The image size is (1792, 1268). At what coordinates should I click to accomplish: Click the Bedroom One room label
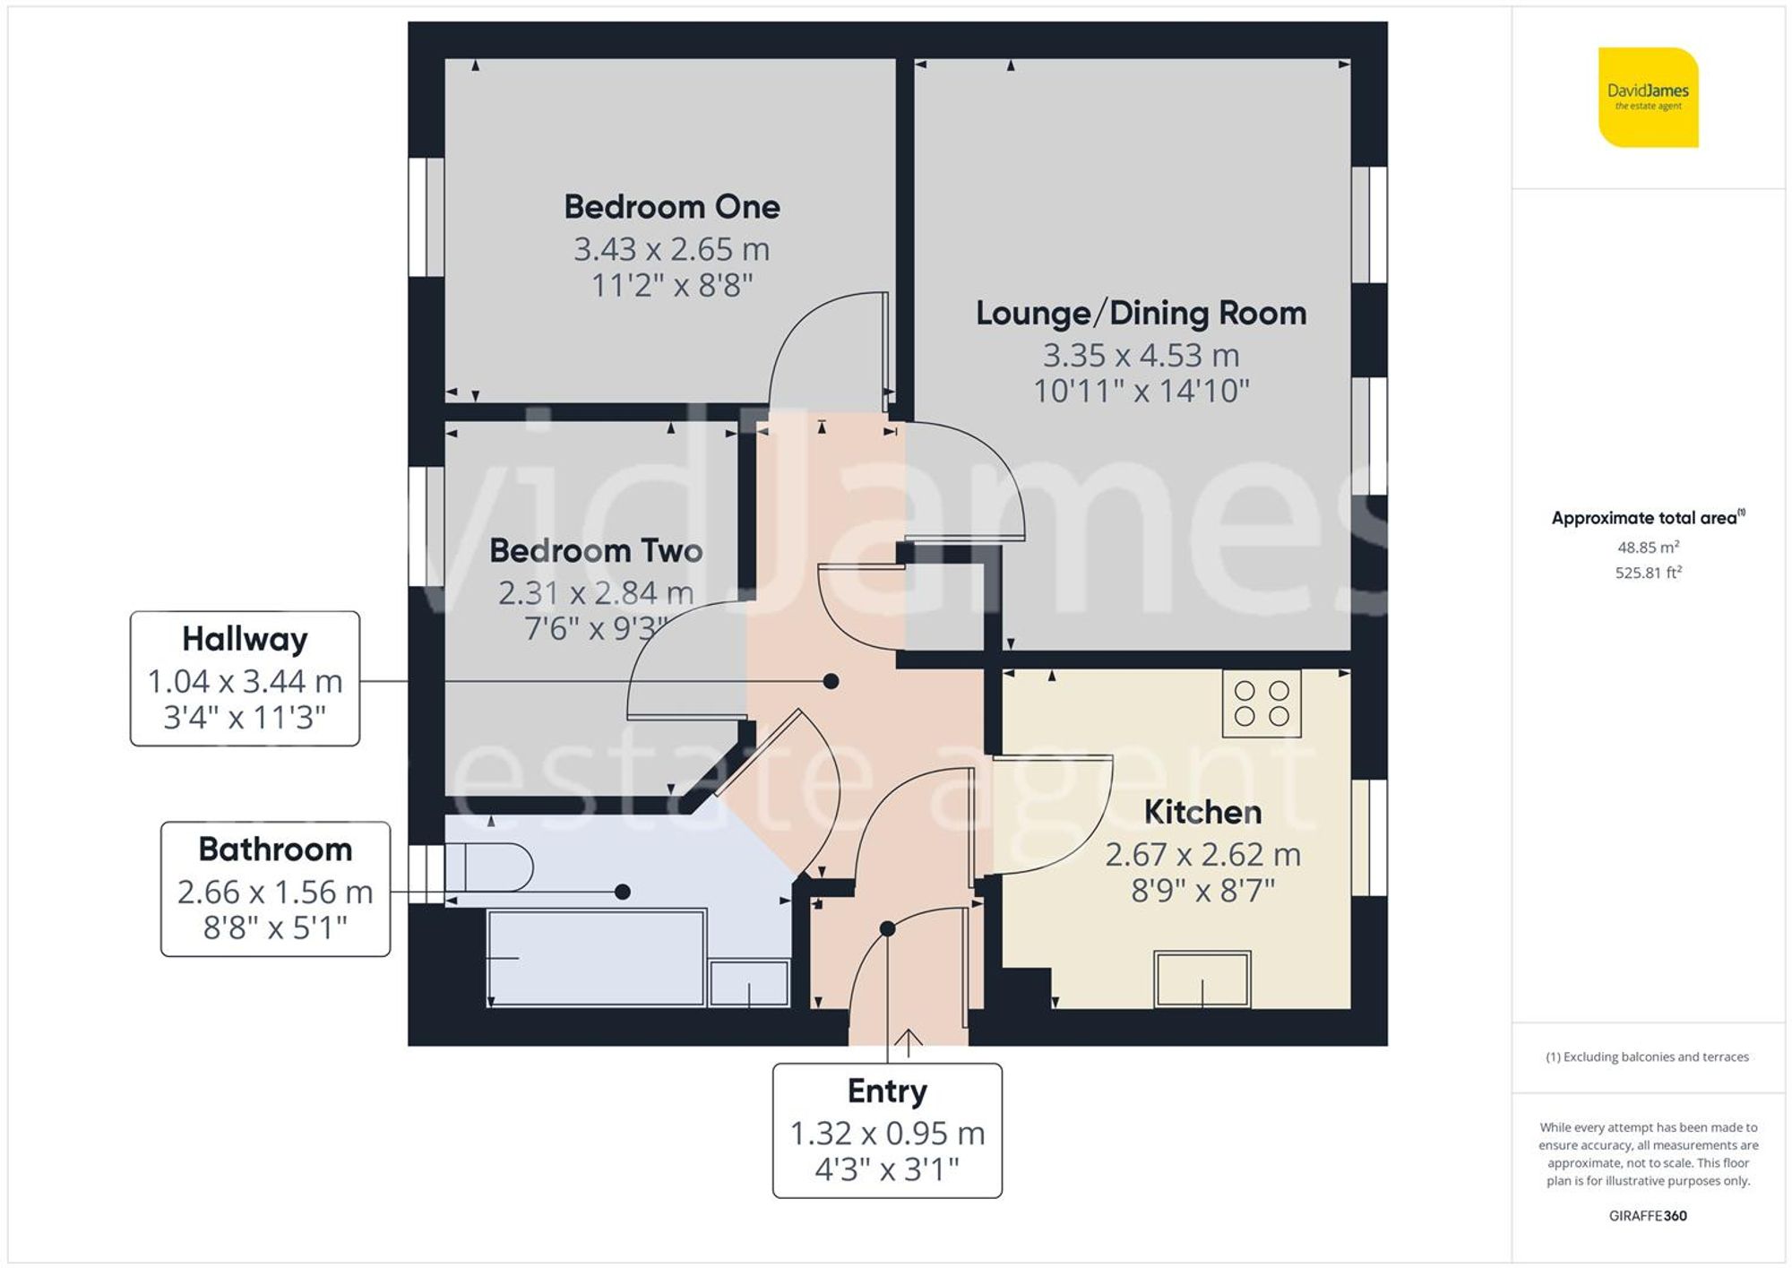tap(671, 207)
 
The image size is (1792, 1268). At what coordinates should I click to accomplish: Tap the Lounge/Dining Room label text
tap(1140, 313)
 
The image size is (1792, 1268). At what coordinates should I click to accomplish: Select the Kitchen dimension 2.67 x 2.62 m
tap(1202, 854)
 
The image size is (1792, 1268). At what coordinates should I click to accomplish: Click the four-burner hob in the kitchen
tap(1261, 703)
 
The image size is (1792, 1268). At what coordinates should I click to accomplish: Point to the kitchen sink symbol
tap(1202, 979)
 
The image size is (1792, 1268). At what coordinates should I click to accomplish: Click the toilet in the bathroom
tap(497, 867)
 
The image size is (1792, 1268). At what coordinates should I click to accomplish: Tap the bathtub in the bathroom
tap(596, 958)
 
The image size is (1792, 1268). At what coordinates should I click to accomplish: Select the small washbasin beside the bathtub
tap(749, 983)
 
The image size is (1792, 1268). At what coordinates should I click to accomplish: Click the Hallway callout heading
tap(245, 639)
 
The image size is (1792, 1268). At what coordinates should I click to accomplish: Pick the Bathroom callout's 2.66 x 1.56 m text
tap(275, 892)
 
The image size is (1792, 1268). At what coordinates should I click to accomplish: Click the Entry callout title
tap(887, 1091)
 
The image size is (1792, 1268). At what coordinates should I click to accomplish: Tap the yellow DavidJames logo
tap(1648, 98)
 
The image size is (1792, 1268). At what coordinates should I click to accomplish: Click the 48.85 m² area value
tap(1648, 547)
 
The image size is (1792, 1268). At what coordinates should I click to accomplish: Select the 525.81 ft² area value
tap(1648, 573)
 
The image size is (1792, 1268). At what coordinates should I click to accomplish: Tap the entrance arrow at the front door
tap(909, 1041)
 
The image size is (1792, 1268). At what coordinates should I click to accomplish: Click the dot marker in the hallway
tap(831, 681)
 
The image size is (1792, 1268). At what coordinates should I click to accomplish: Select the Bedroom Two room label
tap(596, 550)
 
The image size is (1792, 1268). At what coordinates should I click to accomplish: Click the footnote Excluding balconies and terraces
tap(1647, 1057)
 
